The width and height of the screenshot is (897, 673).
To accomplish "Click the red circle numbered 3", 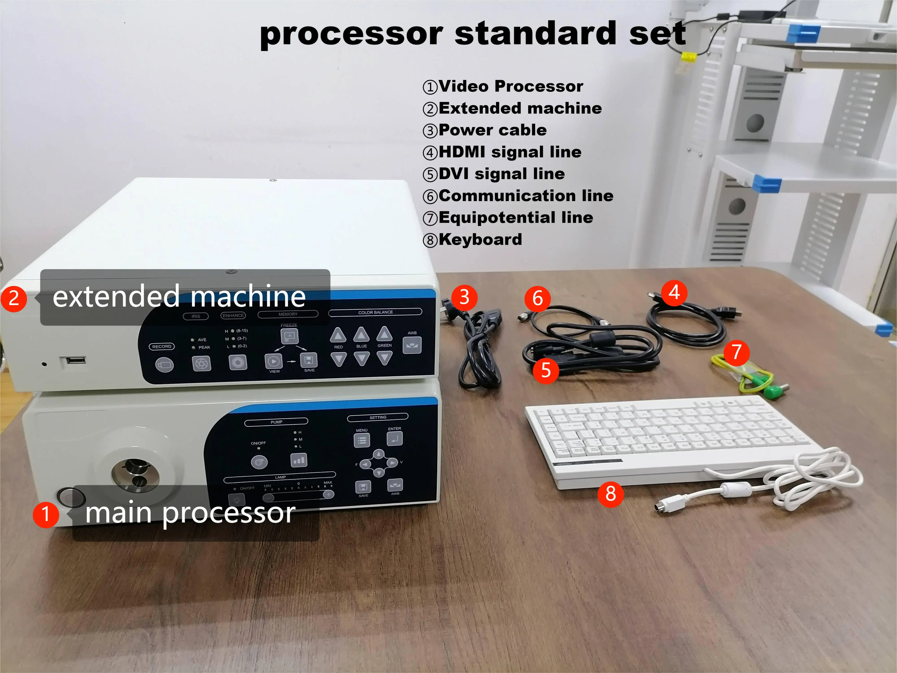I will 464,297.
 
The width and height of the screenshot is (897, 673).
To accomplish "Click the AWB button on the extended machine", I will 412,345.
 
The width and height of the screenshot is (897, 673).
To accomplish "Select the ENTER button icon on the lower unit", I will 394,438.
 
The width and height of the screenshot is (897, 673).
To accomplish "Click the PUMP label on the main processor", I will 276,422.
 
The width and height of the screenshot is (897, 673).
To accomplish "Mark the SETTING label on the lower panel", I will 378,417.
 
